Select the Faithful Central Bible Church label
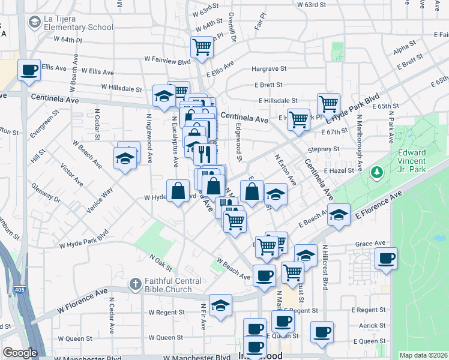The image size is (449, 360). [167, 285]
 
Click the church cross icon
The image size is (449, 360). [136, 283]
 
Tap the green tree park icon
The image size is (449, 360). [377, 173]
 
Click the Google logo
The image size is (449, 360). [20, 353]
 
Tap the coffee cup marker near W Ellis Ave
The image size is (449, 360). [29, 70]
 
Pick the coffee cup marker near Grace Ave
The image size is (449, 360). [386, 259]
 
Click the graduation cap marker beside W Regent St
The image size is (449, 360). [220, 304]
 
